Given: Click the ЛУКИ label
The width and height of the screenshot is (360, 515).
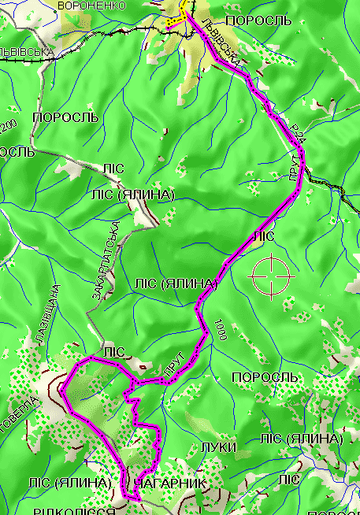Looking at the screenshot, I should coord(220,446).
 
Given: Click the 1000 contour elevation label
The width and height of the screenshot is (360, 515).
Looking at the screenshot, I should coord(219,328).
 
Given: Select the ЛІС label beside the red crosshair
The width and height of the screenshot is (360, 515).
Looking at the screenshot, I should coord(262,235).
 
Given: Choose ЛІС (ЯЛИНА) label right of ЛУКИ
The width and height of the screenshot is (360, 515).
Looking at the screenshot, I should coord(301,438).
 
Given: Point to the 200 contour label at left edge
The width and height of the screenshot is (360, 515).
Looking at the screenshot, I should coord(9,125).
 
